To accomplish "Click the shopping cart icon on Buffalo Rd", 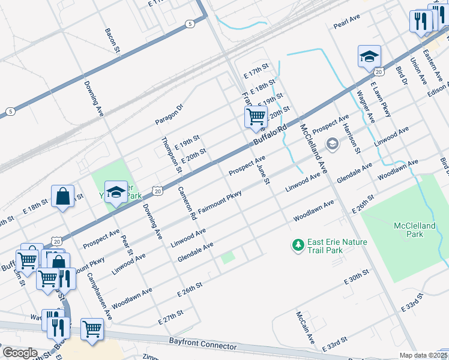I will (x=256, y=116).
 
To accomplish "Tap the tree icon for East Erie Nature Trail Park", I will (x=298, y=245).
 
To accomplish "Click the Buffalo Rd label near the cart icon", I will (x=271, y=135).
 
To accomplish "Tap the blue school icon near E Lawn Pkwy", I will (x=369, y=56).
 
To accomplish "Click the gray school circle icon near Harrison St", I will (x=332, y=144).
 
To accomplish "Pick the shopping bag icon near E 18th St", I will (x=62, y=196).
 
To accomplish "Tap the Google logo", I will (x=20, y=353).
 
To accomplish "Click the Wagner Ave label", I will (x=366, y=107).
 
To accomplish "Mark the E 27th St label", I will (x=170, y=317).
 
